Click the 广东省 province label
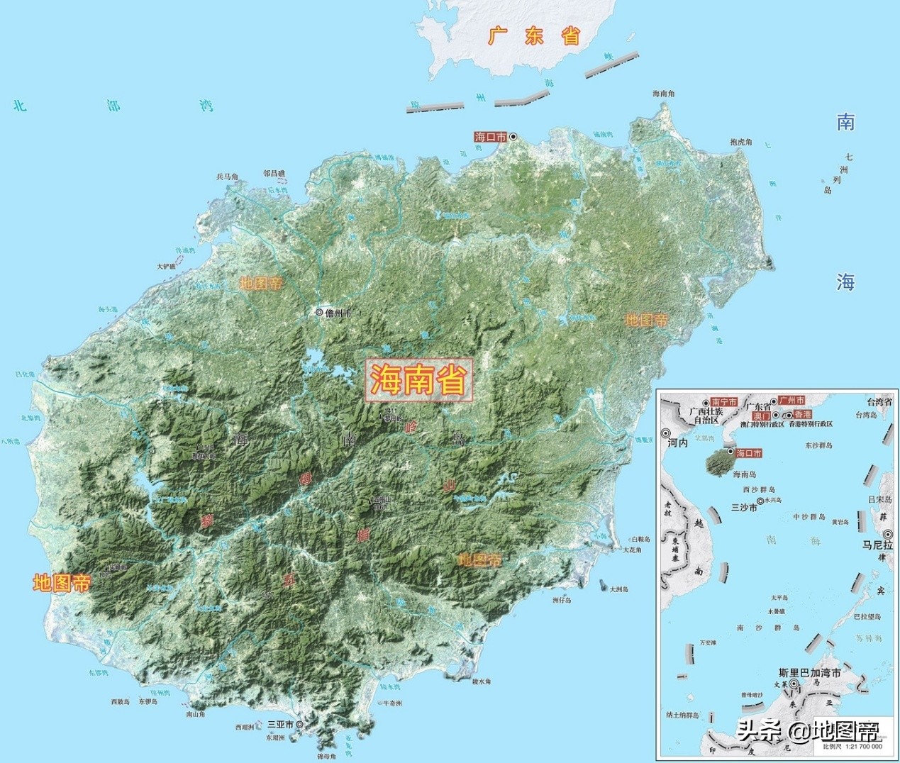(534, 36)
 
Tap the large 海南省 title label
(418, 381)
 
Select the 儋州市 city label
(338, 313)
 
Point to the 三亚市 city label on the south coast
(280, 725)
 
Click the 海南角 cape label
(664, 94)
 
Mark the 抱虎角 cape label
(740, 143)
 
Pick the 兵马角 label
(228, 177)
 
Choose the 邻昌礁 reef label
(274, 172)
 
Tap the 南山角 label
(196, 715)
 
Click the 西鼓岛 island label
(121, 702)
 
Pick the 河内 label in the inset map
(677, 442)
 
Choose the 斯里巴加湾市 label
(809, 673)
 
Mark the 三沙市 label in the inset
(743, 508)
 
